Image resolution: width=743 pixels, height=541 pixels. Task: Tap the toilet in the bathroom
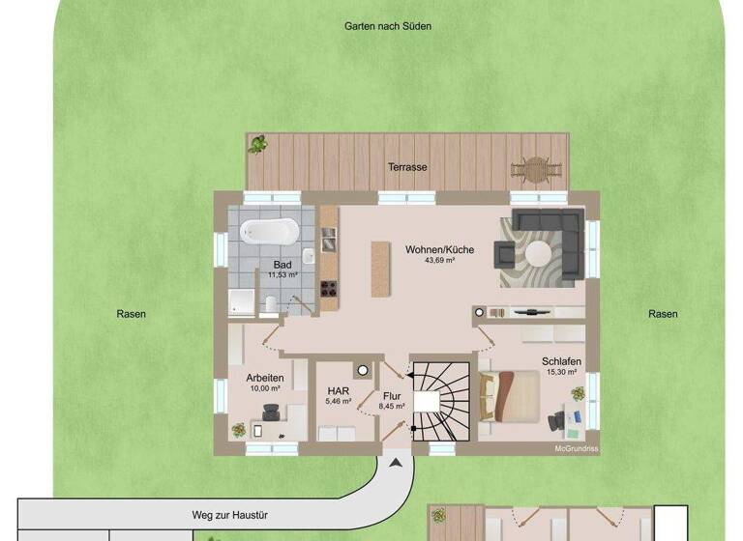tap(272, 305)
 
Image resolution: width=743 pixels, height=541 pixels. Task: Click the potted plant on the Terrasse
tap(258, 145)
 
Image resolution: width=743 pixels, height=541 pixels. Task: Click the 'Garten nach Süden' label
tap(388, 26)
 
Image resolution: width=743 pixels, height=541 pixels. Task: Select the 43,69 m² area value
tap(439, 261)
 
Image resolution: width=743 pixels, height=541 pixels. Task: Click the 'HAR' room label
tap(338, 390)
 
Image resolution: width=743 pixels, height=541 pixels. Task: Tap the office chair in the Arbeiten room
tap(274, 413)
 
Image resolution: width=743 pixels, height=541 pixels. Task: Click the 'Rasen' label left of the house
tap(132, 314)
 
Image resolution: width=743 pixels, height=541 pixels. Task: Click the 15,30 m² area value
tap(561, 372)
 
